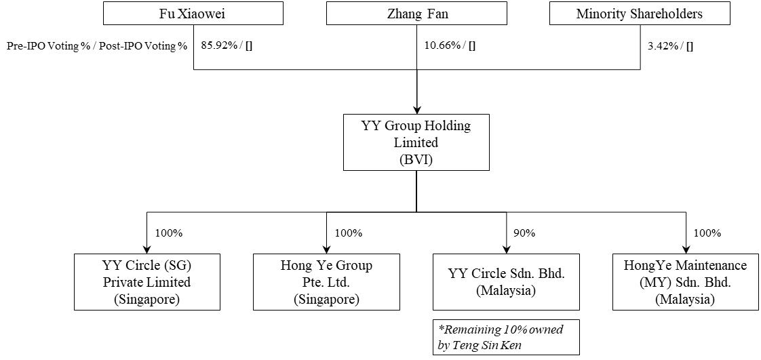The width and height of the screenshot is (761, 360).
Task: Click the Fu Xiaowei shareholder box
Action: point(193,14)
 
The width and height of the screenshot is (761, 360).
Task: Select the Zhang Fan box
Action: point(416,14)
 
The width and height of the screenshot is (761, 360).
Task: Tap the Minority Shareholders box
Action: point(639,14)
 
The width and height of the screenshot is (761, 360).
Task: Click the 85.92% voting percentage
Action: point(218,47)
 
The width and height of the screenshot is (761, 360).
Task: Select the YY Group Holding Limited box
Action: point(416,142)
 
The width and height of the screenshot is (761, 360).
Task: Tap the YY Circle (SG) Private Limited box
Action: point(147,282)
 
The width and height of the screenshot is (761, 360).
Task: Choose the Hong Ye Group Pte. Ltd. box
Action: point(326,282)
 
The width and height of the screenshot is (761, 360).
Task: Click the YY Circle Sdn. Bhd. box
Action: point(506,282)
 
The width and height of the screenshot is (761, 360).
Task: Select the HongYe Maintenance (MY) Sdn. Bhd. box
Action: point(685,282)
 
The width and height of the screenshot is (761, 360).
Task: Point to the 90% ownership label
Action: point(524,233)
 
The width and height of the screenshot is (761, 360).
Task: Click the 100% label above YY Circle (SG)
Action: point(169,233)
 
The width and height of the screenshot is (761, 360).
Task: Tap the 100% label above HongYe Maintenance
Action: point(707,233)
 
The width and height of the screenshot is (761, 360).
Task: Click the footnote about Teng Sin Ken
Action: point(506,337)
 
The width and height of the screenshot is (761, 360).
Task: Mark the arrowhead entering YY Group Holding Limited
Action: point(416,109)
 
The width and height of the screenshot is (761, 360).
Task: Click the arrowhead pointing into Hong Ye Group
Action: point(326,248)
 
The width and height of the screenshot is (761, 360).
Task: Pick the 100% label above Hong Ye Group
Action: point(349,233)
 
